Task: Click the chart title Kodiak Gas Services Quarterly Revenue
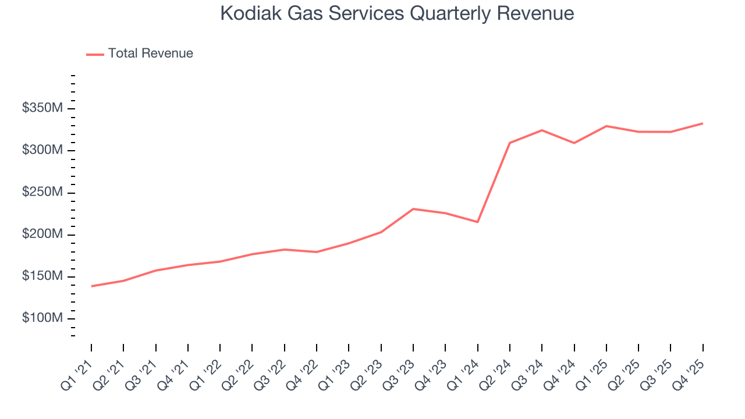(397, 14)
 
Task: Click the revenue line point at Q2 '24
(510, 143)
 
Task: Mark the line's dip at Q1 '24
(478, 222)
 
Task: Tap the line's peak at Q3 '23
(413, 209)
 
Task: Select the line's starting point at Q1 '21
(91, 286)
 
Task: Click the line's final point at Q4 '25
(703, 123)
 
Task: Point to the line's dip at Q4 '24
(574, 143)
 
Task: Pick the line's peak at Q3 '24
(542, 130)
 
